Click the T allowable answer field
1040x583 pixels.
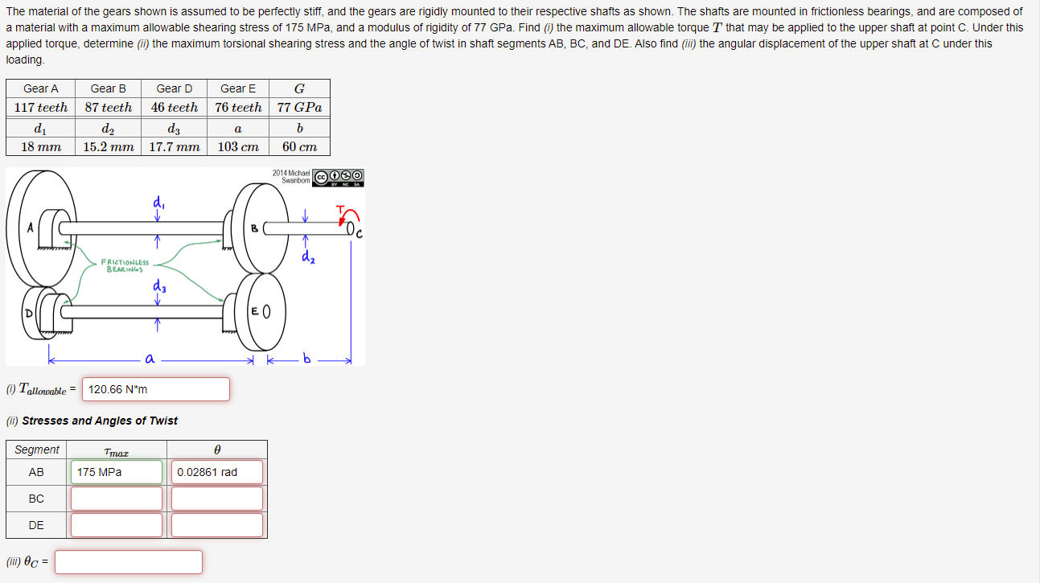[x=155, y=389]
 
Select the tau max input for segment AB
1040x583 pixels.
[x=117, y=472]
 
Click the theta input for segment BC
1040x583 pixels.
[x=217, y=499]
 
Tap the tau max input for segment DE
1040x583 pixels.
[x=117, y=525]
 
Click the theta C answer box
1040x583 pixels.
[x=129, y=562]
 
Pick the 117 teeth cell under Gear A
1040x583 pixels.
[x=41, y=107]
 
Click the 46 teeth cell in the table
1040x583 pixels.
[x=175, y=107]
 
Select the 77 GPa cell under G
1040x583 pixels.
[x=299, y=107]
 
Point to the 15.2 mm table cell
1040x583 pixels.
[x=109, y=146]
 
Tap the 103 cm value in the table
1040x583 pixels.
[x=238, y=146]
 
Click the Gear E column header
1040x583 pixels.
[x=238, y=88]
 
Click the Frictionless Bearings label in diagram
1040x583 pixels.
[x=125, y=265]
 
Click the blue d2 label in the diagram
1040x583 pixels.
[x=307, y=257]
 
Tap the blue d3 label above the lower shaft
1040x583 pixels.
[x=157, y=287]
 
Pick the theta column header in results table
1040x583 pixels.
[x=217, y=450]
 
